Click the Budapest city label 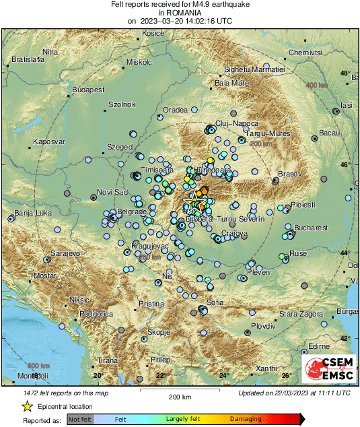point(88,89)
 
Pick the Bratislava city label point(28,60)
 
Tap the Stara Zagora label point(299,314)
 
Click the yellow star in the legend point(27,406)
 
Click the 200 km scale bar point(180,391)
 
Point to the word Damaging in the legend point(246,418)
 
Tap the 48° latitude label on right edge point(345,73)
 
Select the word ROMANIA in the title point(180,12)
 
